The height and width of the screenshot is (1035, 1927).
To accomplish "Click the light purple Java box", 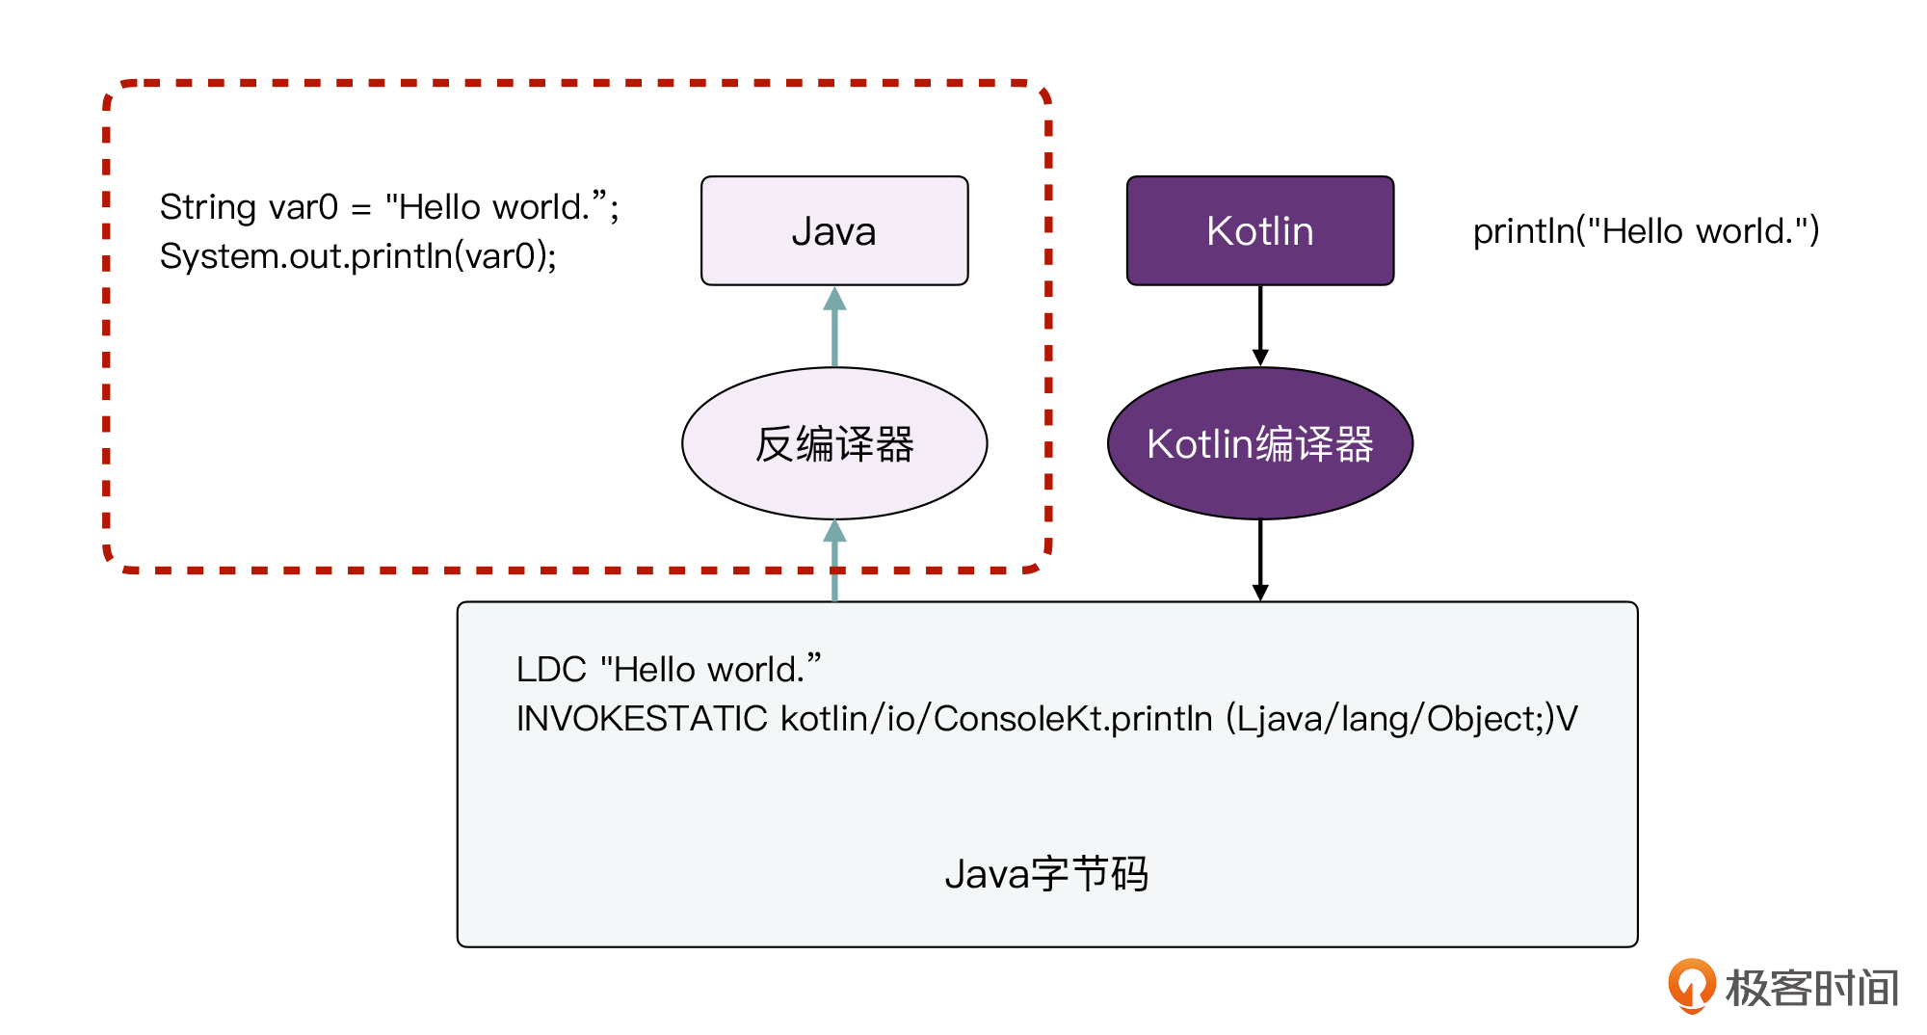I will click(x=834, y=231).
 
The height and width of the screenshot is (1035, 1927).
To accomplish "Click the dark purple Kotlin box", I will click(x=1260, y=231).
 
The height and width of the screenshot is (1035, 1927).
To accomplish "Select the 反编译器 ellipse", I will click(x=834, y=443).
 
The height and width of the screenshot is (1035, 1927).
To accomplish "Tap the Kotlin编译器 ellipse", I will click(x=1260, y=443).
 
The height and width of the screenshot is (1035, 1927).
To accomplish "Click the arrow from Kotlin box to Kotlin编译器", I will click(x=1260, y=326).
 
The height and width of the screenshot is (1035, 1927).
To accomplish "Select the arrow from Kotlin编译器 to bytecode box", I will click(x=1260, y=560).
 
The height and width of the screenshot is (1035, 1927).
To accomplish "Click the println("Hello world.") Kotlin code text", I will click(x=1646, y=231).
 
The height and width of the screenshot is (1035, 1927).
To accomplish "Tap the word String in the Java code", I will click(x=207, y=207).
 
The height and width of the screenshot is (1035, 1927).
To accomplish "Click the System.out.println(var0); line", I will click(x=357, y=256).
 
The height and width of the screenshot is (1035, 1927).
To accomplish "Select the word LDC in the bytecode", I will click(x=551, y=670).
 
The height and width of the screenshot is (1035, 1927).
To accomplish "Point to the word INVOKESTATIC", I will click(x=642, y=719).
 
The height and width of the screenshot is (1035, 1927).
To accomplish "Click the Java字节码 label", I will click(x=1046, y=874).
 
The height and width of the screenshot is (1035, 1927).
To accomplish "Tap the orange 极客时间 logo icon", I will click(x=1692, y=985).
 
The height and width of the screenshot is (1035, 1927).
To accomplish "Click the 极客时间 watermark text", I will click(x=1811, y=988).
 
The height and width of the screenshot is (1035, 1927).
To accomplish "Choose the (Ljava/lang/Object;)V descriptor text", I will click(x=1402, y=719).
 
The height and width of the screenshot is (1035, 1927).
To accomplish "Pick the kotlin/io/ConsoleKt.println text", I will click(x=996, y=719).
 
